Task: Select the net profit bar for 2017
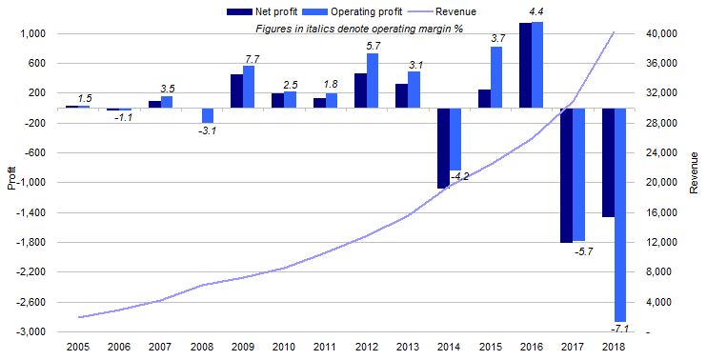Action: pos(566,175)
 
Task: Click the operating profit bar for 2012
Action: pos(373,81)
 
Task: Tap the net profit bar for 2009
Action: pos(236,91)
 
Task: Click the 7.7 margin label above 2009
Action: pos(252,58)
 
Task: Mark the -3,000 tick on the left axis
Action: pos(34,332)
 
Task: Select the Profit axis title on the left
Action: pos(10,178)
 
